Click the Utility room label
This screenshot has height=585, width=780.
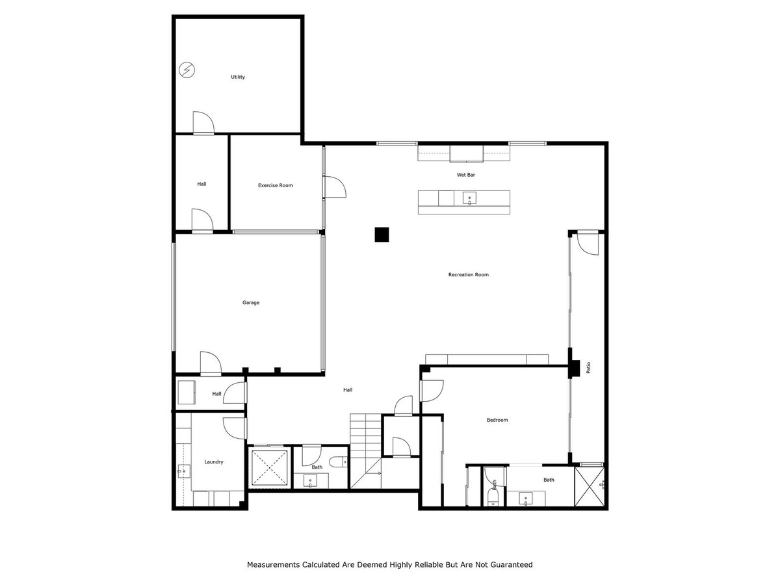[238, 77]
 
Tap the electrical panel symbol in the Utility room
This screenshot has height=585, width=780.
[187, 70]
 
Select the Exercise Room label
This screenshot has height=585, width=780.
[275, 185]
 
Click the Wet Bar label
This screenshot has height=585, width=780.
[464, 175]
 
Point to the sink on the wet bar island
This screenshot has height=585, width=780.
[469, 198]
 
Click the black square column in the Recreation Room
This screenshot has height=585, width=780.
[382, 234]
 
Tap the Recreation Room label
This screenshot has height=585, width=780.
[468, 274]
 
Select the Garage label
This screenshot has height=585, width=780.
[251, 302]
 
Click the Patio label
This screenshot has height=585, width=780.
[588, 367]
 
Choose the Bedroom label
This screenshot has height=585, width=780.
[497, 420]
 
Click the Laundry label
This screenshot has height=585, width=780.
[214, 461]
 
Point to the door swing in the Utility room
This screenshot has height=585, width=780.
[203, 123]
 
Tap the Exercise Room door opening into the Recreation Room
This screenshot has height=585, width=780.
[335, 187]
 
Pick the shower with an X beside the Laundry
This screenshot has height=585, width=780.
[269, 467]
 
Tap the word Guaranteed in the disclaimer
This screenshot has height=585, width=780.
[510, 565]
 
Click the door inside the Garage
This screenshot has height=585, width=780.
[211, 364]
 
